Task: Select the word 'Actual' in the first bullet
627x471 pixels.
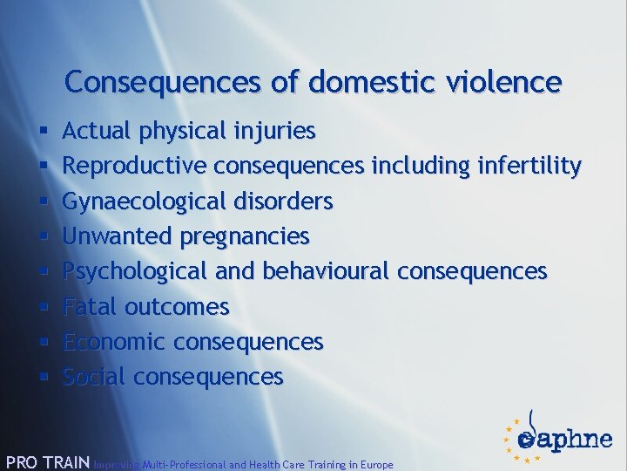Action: pos(94,132)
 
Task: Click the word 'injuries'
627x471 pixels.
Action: pos(274,132)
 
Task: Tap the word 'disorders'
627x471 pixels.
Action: pos(284,201)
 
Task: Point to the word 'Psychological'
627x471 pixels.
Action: pos(136,271)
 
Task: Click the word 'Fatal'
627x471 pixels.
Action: pos(91,307)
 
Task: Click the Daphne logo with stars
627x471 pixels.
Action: pos(556,435)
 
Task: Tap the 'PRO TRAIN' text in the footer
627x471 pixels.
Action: pos(47,462)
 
